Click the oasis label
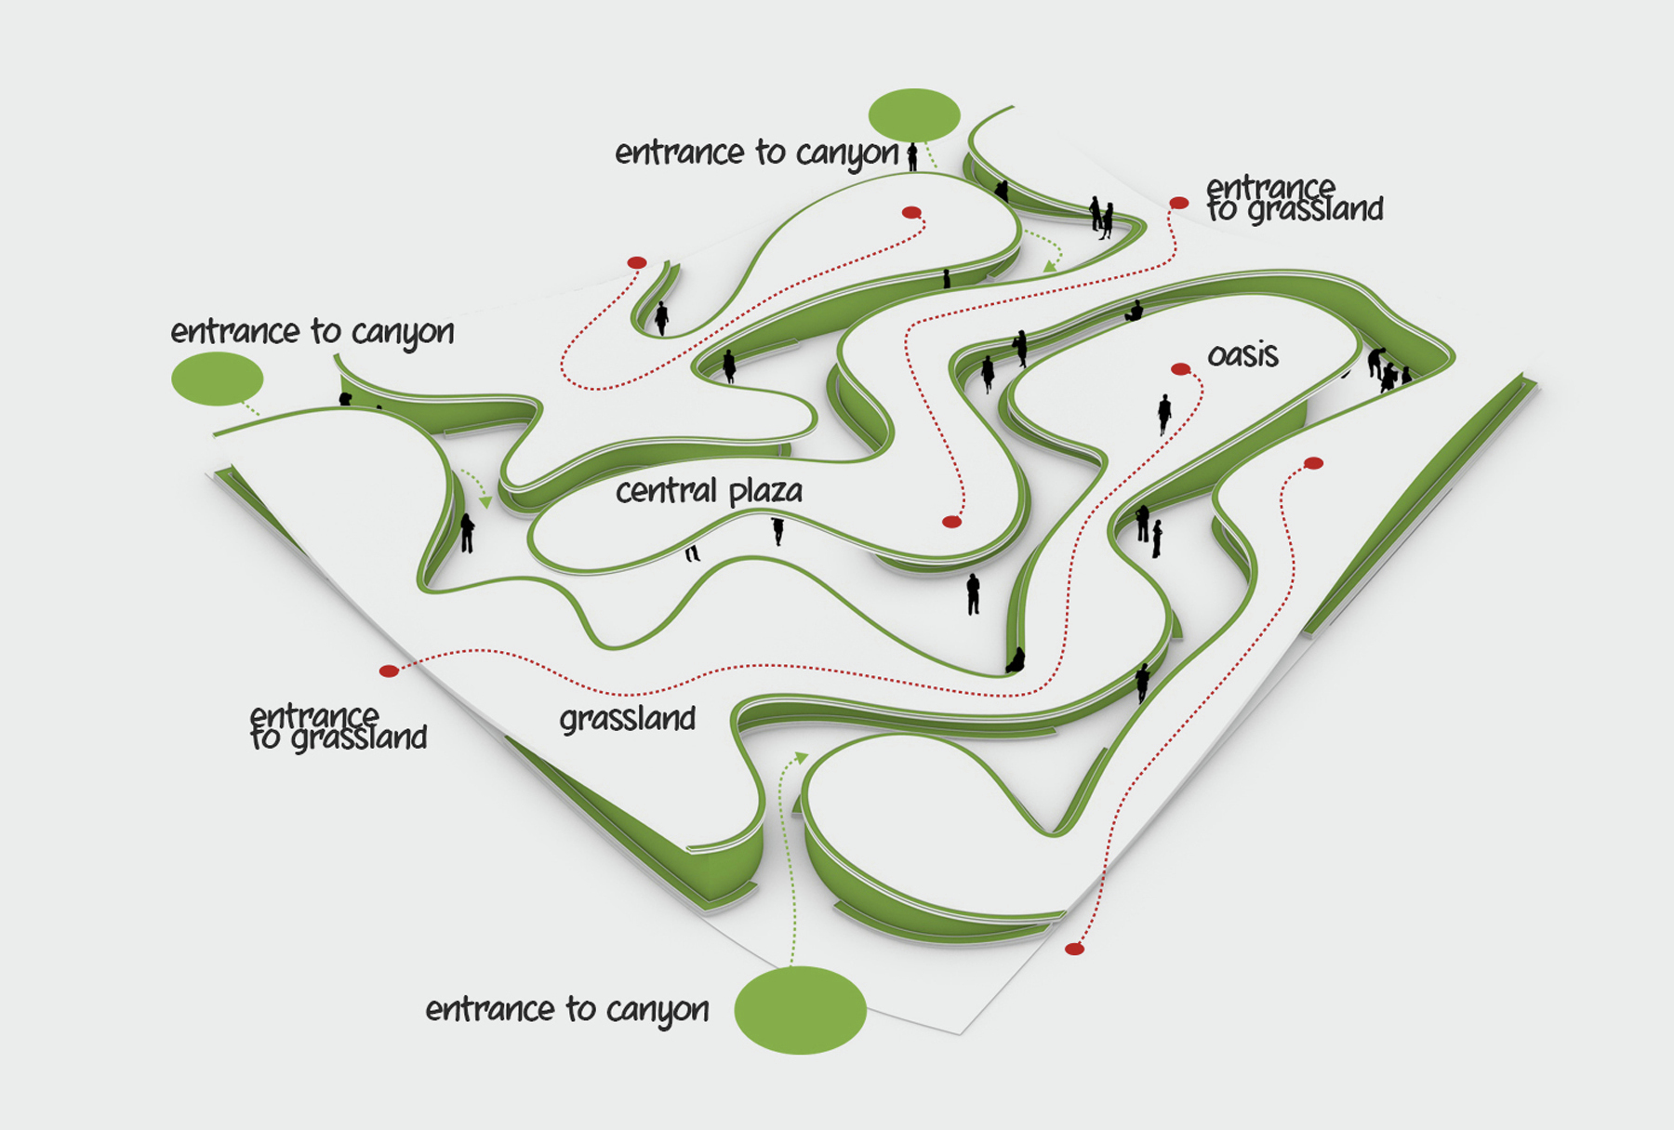point(1242,355)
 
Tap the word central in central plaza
point(666,491)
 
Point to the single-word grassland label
point(628,719)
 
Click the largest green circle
point(800,1010)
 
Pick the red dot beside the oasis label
point(1180,369)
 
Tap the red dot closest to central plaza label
point(951,522)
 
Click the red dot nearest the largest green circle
point(1074,949)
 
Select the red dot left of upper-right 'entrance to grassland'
point(1178,203)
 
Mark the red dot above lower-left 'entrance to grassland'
point(389,671)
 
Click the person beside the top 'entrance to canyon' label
point(912,156)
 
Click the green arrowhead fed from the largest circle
point(801,757)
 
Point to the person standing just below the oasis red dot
point(1163,414)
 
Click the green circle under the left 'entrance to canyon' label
point(217,378)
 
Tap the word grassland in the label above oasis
point(1315,210)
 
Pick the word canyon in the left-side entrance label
point(403,333)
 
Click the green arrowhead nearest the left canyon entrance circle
point(485,502)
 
